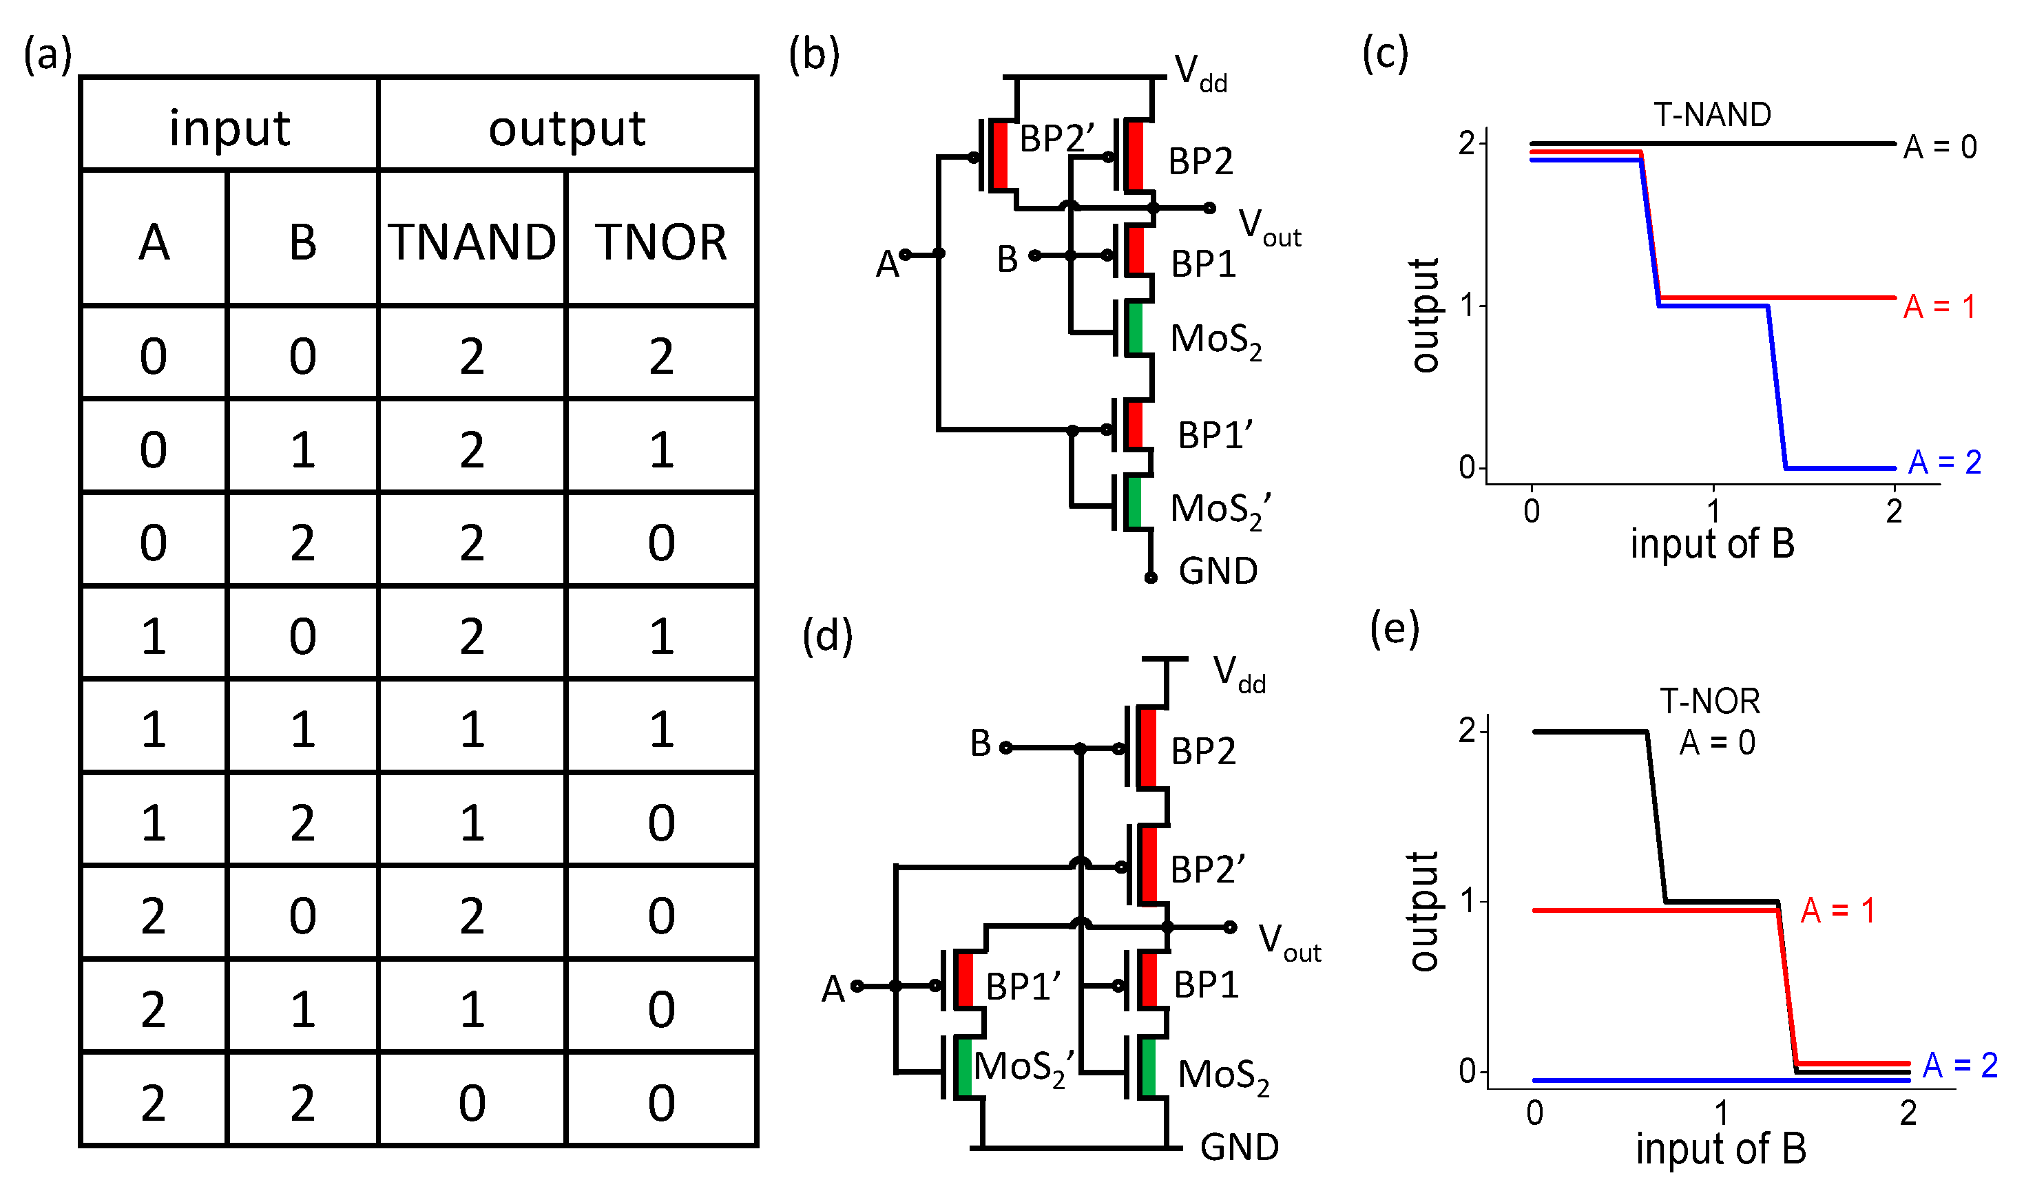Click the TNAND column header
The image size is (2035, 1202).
click(472, 242)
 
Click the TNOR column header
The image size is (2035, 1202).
click(661, 242)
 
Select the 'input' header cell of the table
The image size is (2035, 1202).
click(229, 127)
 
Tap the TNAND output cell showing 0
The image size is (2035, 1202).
click(472, 1102)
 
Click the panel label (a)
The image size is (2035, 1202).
click(48, 55)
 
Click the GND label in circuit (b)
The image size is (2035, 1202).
click(1218, 571)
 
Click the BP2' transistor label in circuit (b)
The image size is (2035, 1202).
click(1056, 138)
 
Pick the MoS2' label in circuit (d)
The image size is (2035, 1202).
click(1024, 1067)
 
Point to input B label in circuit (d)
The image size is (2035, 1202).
click(980, 743)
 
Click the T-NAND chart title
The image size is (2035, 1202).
click(1712, 115)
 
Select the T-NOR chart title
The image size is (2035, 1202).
click(1709, 701)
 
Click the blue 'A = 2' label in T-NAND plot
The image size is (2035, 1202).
click(1944, 463)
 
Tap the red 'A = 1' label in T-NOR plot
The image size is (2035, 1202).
click(1837, 910)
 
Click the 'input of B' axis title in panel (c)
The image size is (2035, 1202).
click(1712, 542)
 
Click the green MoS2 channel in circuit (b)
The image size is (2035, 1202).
click(1135, 328)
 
